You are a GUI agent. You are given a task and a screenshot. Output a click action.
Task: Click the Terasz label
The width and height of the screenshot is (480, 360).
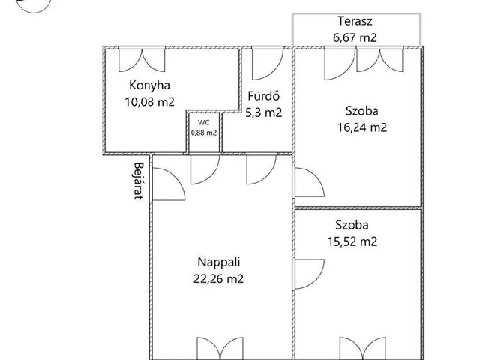[355, 21]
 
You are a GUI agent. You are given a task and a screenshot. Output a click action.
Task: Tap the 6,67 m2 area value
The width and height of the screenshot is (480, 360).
[355, 37]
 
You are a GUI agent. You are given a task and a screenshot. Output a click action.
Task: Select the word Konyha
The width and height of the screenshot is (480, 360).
[149, 85]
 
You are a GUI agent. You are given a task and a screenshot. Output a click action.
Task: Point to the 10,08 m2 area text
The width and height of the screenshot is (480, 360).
[149, 102]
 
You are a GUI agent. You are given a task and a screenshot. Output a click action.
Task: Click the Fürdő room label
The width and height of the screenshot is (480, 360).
[263, 96]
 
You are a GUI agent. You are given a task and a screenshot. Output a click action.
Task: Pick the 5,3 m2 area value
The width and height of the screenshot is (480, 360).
[263, 112]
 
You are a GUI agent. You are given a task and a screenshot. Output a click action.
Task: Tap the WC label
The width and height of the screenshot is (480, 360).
[204, 123]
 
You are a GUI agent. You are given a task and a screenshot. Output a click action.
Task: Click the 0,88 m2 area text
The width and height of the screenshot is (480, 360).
[204, 133]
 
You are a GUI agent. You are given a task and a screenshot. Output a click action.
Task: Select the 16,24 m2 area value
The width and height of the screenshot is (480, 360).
[362, 127]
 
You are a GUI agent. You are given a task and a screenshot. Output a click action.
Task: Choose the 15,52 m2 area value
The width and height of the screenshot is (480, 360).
[352, 241]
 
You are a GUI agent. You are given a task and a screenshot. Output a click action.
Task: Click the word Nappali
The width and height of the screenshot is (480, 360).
[219, 262]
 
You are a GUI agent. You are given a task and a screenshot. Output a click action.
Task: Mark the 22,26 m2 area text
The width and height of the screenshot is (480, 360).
[218, 279]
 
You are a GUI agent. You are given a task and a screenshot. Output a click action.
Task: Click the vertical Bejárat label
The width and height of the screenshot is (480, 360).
[139, 181]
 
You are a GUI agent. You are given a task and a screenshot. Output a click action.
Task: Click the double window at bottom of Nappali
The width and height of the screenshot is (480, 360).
[220, 348]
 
